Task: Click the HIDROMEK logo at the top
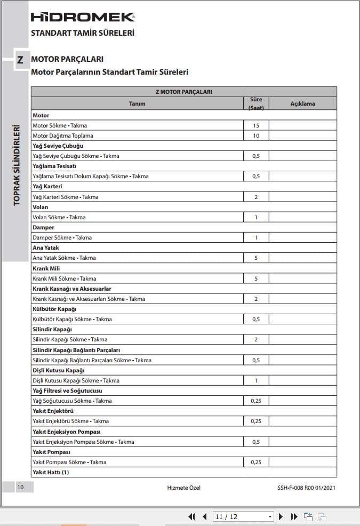coord(83,18)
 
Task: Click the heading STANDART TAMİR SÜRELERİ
coord(83,33)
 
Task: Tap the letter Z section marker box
coord(20,60)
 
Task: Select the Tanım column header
coord(137,104)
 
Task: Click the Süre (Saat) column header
coord(256,104)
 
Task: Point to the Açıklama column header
coord(302,104)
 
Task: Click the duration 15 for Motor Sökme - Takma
coord(256,125)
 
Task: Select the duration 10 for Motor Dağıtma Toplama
coord(256,136)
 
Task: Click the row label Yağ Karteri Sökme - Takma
coord(66,197)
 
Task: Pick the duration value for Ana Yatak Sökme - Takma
coord(256,258)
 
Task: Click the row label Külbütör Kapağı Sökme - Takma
coord(72,319)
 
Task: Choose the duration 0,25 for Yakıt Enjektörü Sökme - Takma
coord(256,421)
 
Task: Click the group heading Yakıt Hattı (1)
coord(51,472)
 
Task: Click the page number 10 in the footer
coord(20,487)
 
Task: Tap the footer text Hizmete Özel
coord(183,487)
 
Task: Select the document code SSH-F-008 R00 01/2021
coord(306,487)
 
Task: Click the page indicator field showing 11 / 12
coord(243,516)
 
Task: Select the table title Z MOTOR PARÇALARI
coord(183,92)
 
